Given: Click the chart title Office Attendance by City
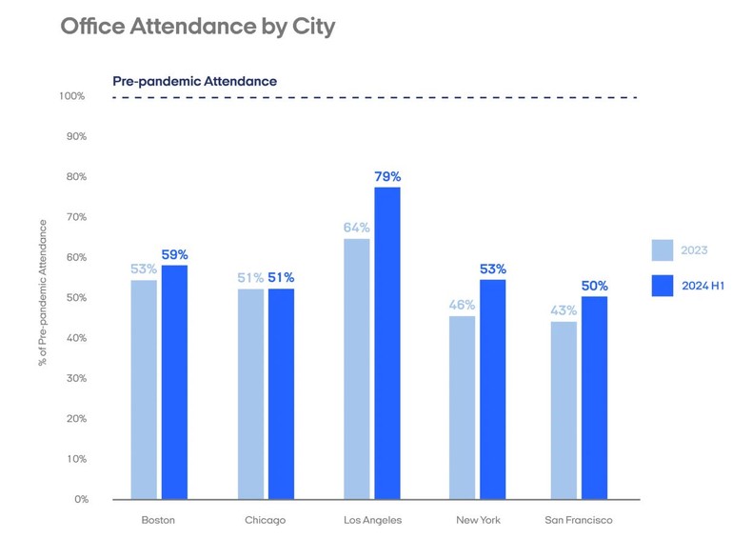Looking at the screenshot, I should point(197,27).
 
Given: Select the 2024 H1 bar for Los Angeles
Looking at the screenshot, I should point(386,343).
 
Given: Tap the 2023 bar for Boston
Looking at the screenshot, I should point(144,389).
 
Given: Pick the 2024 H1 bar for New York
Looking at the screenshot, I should point(492,389).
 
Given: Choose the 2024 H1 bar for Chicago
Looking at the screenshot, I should point(281,393).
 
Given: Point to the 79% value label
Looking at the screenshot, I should point(387,176).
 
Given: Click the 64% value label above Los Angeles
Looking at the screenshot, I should point(357,228).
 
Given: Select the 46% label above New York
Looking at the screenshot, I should point(462,305).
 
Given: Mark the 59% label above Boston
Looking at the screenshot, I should point(174,254).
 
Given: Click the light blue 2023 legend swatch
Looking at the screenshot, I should point(663,250).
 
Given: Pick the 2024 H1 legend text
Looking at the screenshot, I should point(703,286).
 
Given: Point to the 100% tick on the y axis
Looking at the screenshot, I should point(72,96).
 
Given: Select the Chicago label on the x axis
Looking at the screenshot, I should point(265,521).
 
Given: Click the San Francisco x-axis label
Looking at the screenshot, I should point(579,521).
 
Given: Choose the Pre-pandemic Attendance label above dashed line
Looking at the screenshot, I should point(194,81).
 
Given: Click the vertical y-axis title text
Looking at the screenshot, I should point(42,292).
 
